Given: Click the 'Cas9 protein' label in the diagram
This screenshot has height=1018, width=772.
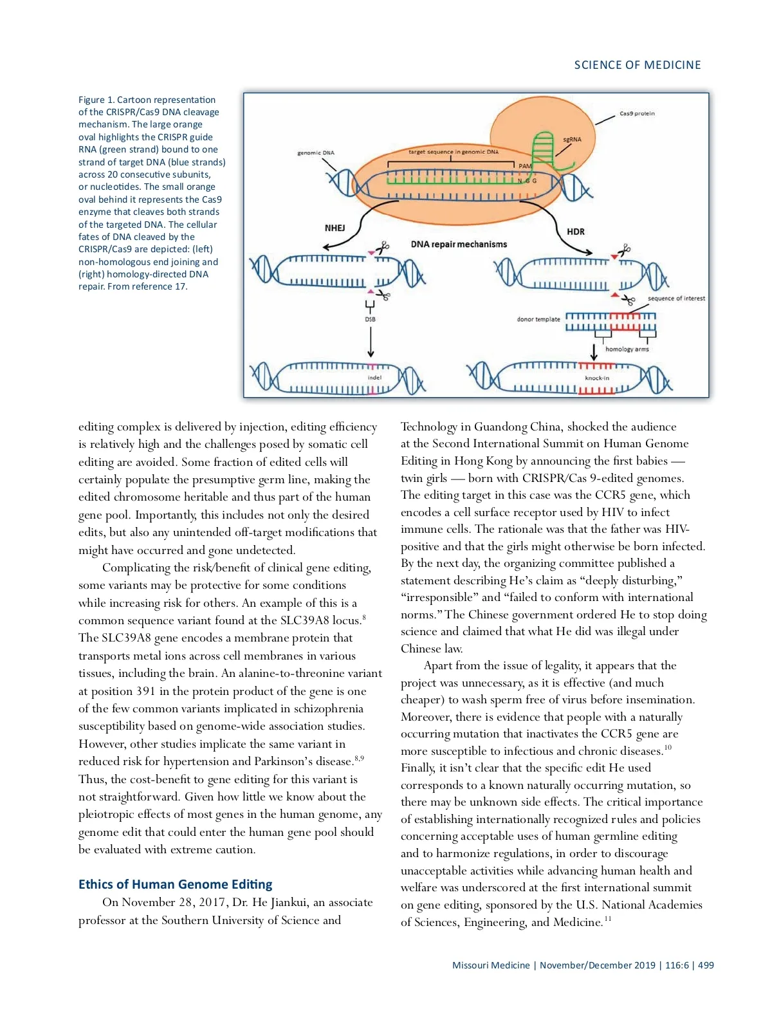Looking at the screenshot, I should [x=637, y=113].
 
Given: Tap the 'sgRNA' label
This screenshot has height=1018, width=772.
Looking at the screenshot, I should [x=572, y=139].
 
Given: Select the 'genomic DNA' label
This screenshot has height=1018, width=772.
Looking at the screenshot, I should [x=315, y=153].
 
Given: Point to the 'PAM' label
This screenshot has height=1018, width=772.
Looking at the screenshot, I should [x=525, y=166].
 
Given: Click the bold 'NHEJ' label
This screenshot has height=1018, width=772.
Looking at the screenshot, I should [x=335, y=228].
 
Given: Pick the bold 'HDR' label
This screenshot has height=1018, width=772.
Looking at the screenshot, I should [x=576, y=232].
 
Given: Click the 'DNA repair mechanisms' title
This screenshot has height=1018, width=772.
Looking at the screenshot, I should [x=459, y=245].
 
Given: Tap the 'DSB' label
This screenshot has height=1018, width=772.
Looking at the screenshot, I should [x=370, y=319].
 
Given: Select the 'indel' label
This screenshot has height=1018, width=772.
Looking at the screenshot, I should [x=374, y=378].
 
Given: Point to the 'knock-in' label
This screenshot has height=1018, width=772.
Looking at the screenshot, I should [x=597, y=378].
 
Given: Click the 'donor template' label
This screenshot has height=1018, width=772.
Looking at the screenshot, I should [x=538, y=319].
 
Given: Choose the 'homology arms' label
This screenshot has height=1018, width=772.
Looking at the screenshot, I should [x=627, y=349].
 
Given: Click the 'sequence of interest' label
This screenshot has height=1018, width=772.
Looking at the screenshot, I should [x=676, y=299].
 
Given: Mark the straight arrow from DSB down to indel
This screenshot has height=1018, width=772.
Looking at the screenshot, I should [x=371, y=341].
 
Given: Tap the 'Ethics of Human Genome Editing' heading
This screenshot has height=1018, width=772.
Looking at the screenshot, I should [x=175, y=884].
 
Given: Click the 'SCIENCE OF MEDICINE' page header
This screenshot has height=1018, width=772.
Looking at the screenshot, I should [x=638, y=65].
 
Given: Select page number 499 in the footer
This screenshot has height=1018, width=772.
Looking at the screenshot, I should [x=706, y=965].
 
